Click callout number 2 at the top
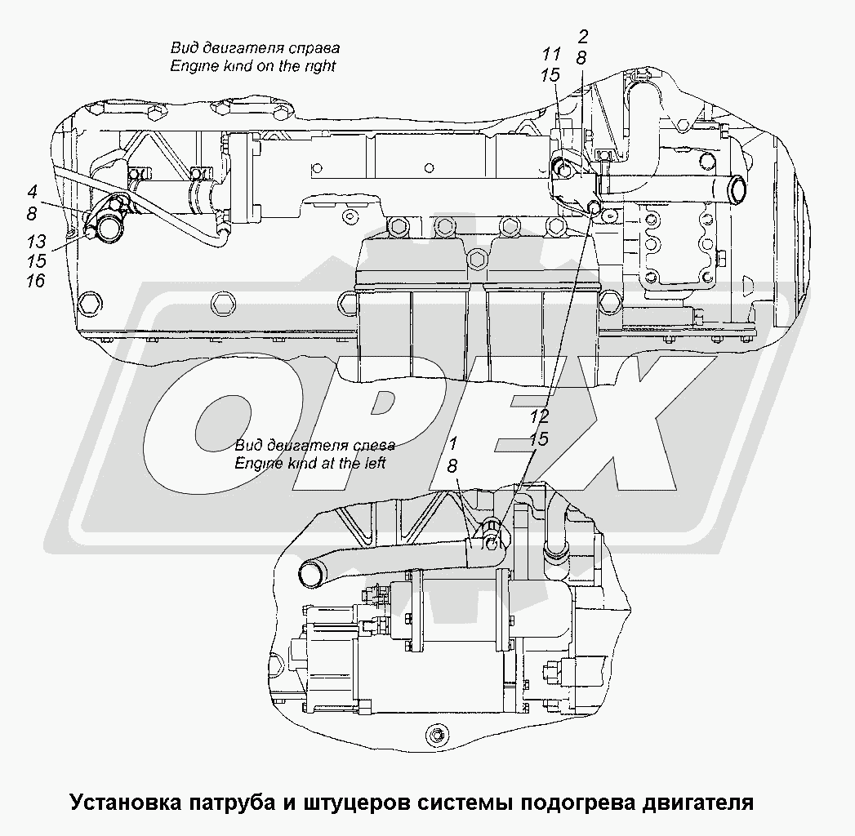[x=583, y=37]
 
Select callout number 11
[x=551, y=54]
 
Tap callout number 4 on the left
[x=32, y=192]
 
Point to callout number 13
[x=37, y=242]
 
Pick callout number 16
[x=35, y=281]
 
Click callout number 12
[x=539, y=416]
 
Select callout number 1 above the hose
[x=453, y=442]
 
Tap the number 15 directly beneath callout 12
[x=538, y=439]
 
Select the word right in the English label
[x=321, y=67]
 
